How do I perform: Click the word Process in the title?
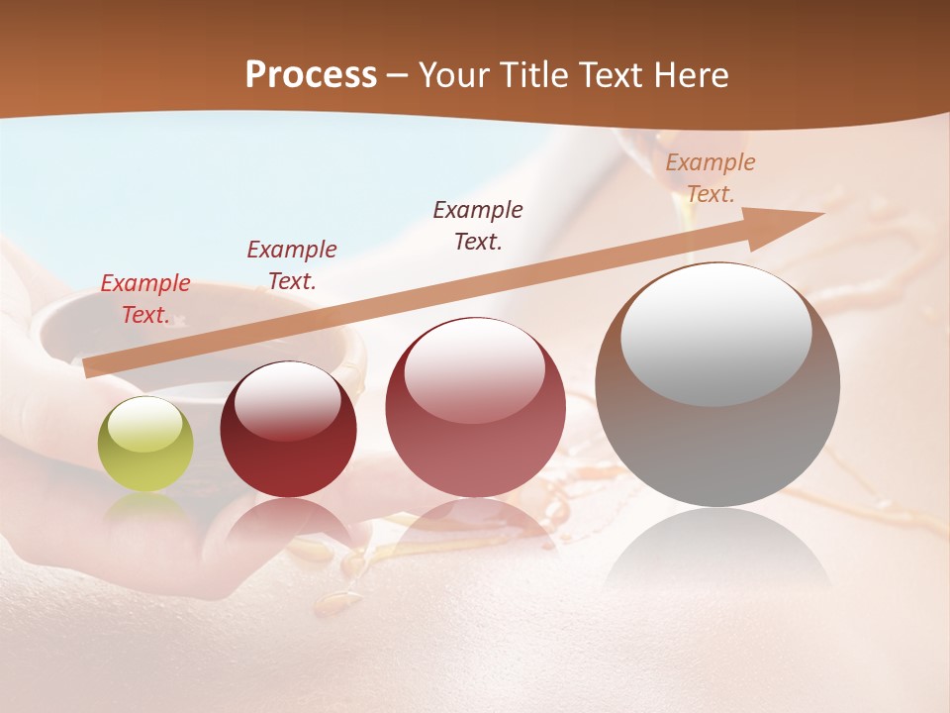[x=311, y=75]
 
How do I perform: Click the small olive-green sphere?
[x=145, y=445]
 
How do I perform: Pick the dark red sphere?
[x=288, y=430]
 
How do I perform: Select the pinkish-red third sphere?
[x=475, y=407]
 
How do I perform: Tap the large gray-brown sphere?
[x=717, y=385]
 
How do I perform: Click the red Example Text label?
[x=145, y=299]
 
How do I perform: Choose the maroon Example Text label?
[x=292, y=265]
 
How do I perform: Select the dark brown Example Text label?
[x=478, y=225]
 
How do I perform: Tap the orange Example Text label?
[x=711, y=178]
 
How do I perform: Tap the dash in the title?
[x=398, y=75]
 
